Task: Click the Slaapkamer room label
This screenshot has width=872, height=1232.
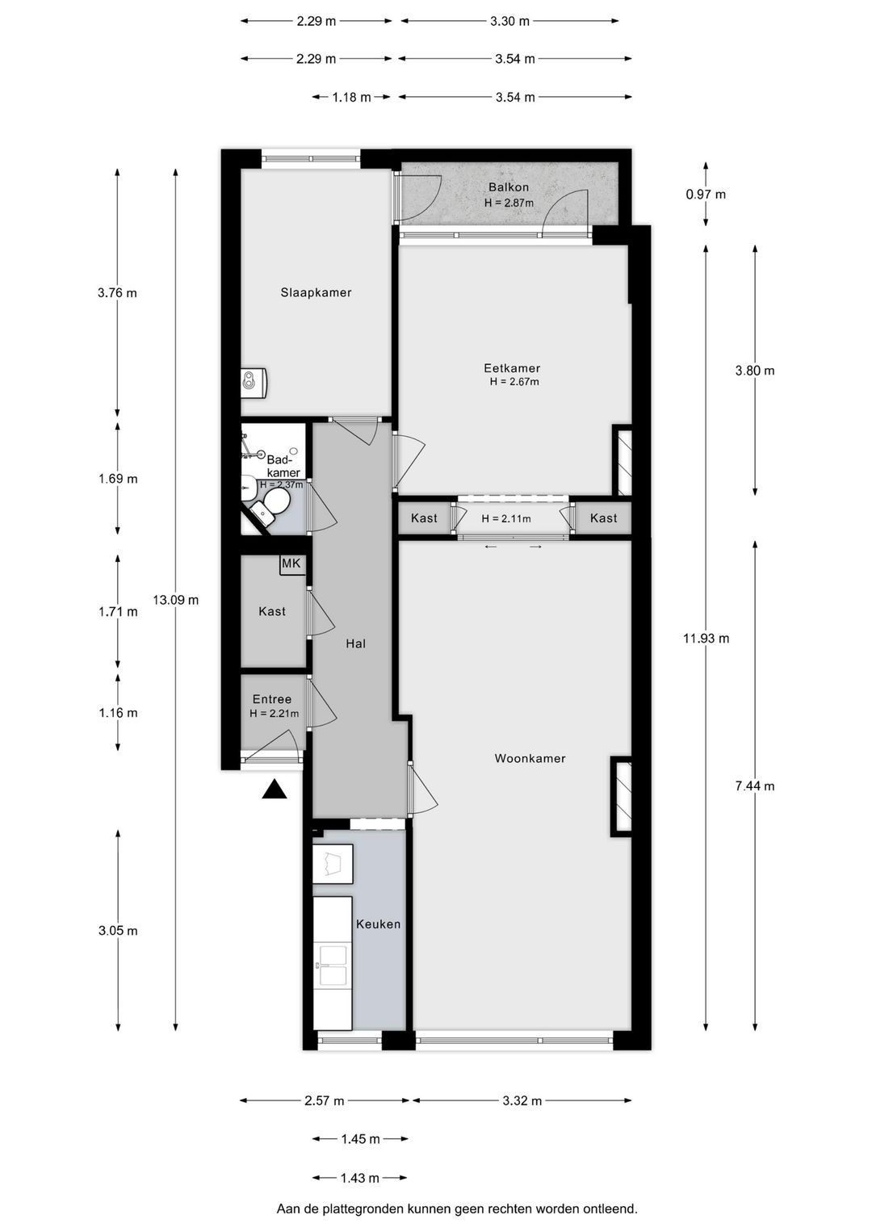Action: click(x=316, y=292)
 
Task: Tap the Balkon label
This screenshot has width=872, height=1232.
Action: click(x=509, y=187)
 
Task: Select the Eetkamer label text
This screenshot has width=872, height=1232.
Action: click(x=512, y=368)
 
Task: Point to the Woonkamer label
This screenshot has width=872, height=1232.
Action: click(x=530, y=758)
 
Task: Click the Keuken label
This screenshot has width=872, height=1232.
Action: click(x=378, y=924)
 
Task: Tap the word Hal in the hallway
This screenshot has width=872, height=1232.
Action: click(x=355, y=643)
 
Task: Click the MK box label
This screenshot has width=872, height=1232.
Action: click(x=291, y=564)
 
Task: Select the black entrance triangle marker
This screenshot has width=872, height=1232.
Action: click(x=275, y=790)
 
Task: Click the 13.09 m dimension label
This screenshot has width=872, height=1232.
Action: click(x=175, y=600)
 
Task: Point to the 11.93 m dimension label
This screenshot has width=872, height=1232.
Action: click(x=706, y=638)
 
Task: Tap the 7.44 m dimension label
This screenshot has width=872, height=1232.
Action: click(x=754, y=786)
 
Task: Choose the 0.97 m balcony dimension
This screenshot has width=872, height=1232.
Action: click(x=706, y=194)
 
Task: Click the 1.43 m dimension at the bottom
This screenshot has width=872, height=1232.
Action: click(x=359, y=1178)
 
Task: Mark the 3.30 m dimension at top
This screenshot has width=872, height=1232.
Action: click(x=509, y=21)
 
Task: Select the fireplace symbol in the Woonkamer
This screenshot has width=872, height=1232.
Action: click(x=622, y=796)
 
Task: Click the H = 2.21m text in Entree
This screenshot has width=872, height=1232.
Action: click(x=274, y=714)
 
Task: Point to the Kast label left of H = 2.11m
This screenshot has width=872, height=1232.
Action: click(x=424, y=518)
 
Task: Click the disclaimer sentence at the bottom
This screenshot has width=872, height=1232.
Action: click(x=457, y=1209)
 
